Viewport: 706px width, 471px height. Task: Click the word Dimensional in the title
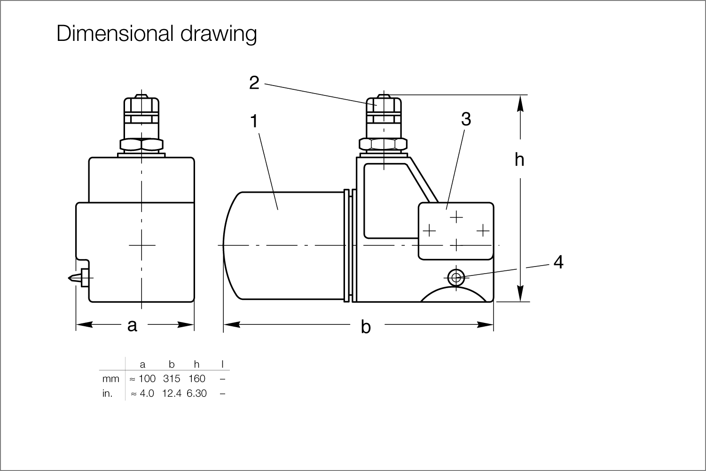(x=115, y=33)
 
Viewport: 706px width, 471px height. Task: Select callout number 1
(x=254, y=121)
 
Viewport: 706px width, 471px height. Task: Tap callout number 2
(x=254, y=83)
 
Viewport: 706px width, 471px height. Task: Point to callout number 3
(x=466, y=119)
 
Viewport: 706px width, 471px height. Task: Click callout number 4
(x=558, y=262)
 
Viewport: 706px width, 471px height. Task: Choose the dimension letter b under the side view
(x=366, y=327)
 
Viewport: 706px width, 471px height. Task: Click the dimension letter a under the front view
(x=133, y=326)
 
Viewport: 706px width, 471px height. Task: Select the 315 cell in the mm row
(x=172, y=378)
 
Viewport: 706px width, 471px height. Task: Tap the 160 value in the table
(x=196, y=378)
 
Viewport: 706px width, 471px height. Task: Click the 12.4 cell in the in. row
(x=172, y=393)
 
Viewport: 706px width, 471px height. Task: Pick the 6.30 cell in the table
(x=196, y=393)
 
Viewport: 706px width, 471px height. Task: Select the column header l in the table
(x=222, y=364)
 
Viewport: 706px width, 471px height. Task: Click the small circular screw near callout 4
(x=456, y=278)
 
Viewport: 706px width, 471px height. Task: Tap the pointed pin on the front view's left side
(x=75, y=278)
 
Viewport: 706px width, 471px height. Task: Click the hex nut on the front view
(x=141, y=145)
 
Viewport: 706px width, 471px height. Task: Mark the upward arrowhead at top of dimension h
(x=520, y=103)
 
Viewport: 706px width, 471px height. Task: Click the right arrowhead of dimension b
(x=486, y=324)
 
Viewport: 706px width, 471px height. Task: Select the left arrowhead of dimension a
(x=85, y=324)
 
